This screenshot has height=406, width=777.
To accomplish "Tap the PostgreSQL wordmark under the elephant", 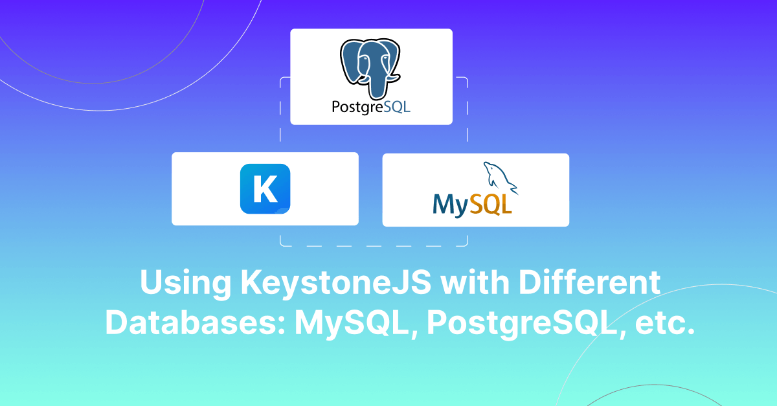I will pyautogui.click(x=371, y=107).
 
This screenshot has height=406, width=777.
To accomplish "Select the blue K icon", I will pyautogui.click(x=265, y=188).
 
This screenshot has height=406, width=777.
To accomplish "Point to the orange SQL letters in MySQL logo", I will pyautogui.click(x=491, y=204).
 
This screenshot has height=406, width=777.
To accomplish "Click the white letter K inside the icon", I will pyautogui.click(x=264, y=188).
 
